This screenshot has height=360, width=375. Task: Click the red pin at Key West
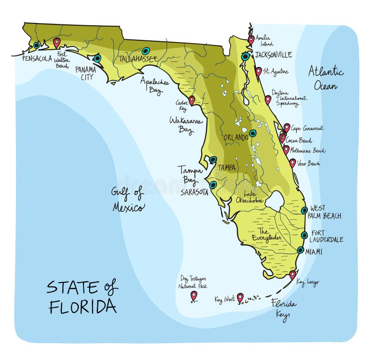pyautogui.click(x=240, y=297)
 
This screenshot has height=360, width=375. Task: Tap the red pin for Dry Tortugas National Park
pyautogui.click(x=194, y=295)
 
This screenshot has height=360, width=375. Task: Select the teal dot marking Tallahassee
pyautogui.click(x=146, y=51)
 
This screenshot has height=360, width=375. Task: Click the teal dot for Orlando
pyautogui.click(x=253, y=133)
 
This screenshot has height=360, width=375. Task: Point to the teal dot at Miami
pyautogui.click(x=300, y=250)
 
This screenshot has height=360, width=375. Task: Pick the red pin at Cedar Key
pyautogui.click(x=192, y=100)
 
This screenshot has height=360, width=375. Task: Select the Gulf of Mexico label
pyautogui.click(x=128, y=199)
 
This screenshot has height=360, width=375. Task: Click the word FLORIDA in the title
pyautogui.click(x=82, y=306)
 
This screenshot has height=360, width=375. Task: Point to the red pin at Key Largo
pyautogui.click(x=292, y=274)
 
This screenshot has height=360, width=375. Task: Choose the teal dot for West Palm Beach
pyautogui.click(x=304, y=210)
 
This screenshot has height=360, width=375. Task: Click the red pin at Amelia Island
pyautogui.click(x=251, y=39)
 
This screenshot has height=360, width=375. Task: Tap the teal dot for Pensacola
pyautogui.click(x=37, y=45)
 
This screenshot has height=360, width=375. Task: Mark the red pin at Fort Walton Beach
pyautogui.click(x=57, y=42)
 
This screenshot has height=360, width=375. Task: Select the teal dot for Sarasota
pyautogui.click(x=213, y=185)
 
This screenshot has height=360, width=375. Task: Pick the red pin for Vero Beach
pyautogui.click(x=292, y=162)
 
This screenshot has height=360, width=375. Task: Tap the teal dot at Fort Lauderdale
pyautogui.click(x=304, y=235)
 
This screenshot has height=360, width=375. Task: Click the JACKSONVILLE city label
pyautogui.click(x=274, y=55)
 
